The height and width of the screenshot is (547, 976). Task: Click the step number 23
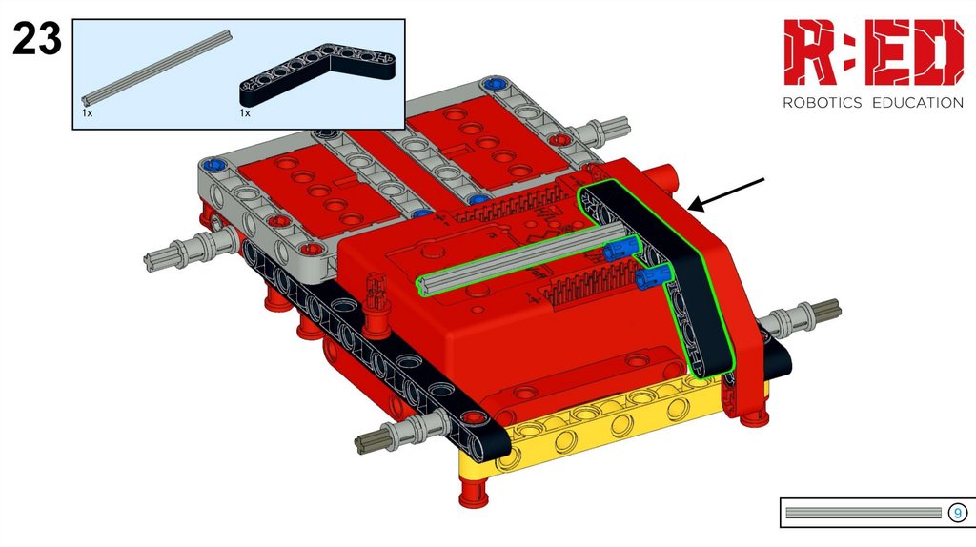tap(37, 38)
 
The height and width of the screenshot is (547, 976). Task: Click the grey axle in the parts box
tap(157, 68)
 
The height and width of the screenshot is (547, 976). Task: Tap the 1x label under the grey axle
tap(87, 113)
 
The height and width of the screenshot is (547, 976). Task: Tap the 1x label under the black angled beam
tap(245, 113)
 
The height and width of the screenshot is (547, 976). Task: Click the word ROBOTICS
tap(823, 103)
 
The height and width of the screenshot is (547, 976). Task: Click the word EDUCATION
tap(918, 103)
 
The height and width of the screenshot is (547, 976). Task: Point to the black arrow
tap(726, 194)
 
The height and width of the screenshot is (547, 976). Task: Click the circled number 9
tap(957, 513)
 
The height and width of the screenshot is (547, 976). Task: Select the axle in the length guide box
tap(864, 513)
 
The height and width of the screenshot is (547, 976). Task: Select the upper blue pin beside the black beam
tap(620, 249)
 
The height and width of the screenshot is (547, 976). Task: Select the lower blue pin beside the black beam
tap(654, 275)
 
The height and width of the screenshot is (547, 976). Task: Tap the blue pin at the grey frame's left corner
tap(213, 165)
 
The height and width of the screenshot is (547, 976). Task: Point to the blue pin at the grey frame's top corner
tap(496, 83)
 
